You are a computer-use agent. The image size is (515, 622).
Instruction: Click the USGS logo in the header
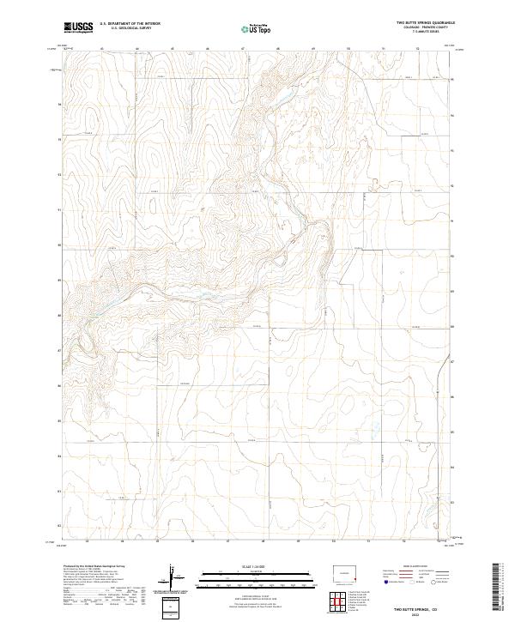pyautogui.click(x=78, y=28)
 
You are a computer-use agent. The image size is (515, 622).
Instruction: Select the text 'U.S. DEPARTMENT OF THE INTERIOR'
pyautogui.click(x=130, y=24)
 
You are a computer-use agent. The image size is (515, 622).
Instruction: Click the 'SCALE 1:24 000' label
pyautogui.click(x=256, y=566)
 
